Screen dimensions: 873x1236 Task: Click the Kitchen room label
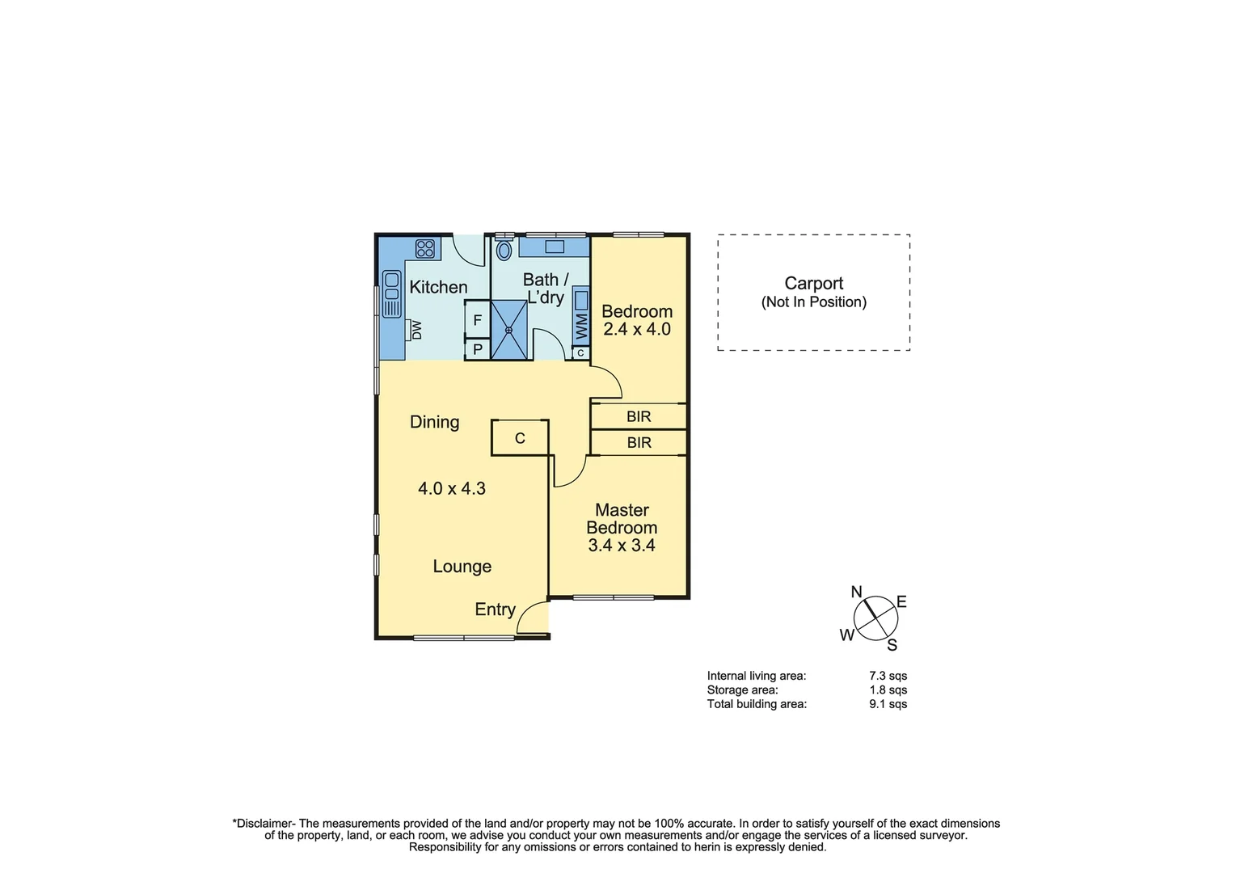438,287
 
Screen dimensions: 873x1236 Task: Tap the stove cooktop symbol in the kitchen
425,248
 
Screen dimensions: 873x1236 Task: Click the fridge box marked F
477,320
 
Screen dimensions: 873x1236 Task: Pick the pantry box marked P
477,349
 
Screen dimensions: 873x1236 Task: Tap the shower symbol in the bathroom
509,330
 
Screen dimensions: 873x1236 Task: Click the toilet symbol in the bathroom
504,250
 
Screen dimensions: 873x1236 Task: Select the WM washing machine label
581,327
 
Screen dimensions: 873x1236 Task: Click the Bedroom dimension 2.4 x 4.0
637,330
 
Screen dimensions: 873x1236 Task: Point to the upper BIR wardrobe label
639,416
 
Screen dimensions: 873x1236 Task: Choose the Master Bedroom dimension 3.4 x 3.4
621,546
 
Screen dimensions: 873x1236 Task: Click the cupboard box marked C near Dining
520,438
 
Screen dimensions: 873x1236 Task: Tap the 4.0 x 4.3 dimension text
451,488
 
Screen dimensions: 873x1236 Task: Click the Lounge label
462,567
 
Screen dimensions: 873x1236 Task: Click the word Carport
813,283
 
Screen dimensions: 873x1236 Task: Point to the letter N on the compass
857,592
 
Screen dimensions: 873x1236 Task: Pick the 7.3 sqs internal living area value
888,676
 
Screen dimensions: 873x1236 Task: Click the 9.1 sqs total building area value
888,704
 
